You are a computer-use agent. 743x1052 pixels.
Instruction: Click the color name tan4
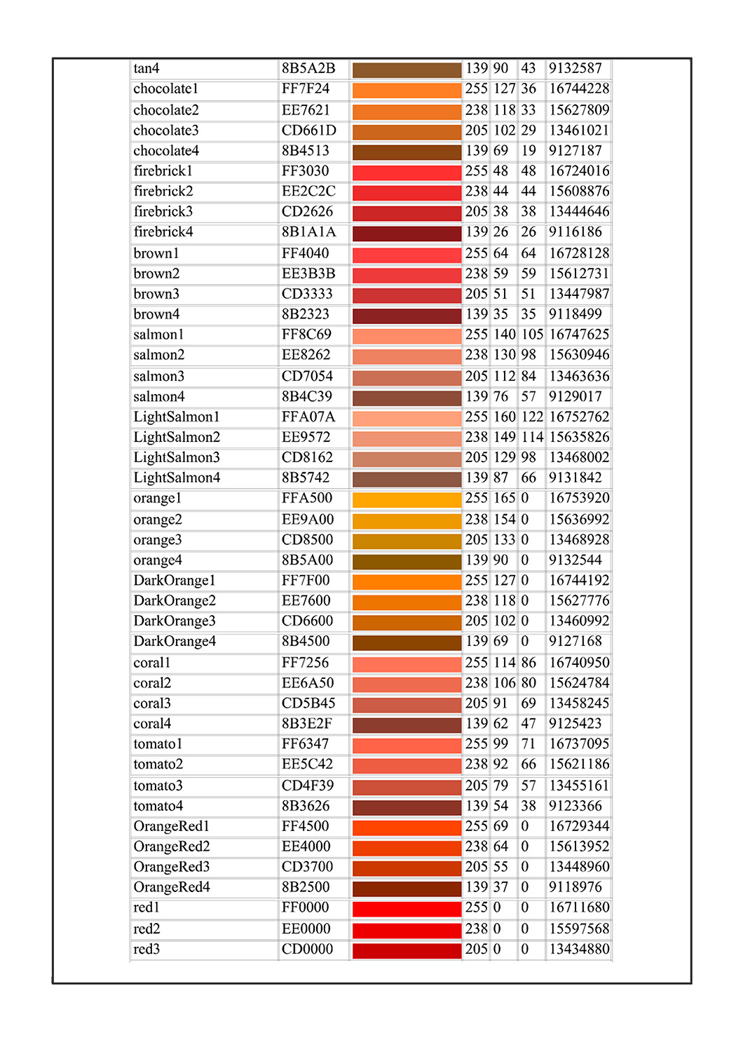[146, 69]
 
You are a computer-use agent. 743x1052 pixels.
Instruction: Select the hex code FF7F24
[305, 89]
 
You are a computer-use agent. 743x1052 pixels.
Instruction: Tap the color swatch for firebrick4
[407, 234]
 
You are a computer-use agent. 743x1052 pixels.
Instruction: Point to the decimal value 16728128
[579, 254]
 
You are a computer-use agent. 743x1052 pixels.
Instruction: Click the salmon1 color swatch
[407, 336]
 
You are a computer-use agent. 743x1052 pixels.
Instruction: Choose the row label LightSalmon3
[177, 458]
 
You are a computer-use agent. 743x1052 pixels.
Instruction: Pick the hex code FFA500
[306, 498]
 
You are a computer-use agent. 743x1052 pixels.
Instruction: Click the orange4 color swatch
[407, 562]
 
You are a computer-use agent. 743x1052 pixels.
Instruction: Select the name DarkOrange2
[175, 601]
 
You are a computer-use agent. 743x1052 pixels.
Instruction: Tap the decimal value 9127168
[575, 641]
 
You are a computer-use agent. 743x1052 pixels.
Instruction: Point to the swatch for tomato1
[407, 746]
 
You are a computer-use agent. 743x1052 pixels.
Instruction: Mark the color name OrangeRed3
[171, 867]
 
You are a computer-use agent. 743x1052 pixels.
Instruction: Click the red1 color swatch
[407, 909]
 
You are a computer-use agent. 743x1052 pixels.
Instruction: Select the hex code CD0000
[307, 949]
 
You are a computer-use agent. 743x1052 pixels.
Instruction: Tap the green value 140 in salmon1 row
[504, 335]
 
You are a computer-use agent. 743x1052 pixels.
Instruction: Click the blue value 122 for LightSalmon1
[532, 417]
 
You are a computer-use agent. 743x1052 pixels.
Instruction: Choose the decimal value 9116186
[575, 232]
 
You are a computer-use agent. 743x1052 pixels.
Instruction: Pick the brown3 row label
[156, 294]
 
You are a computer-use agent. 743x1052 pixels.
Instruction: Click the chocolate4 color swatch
[407, 153]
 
